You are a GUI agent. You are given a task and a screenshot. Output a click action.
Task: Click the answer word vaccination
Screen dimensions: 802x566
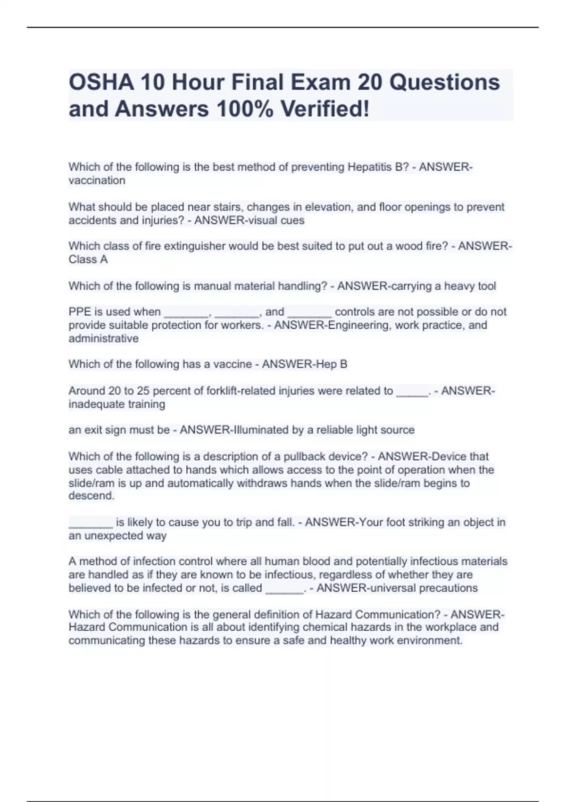pyautogui.click(x=97, y=180)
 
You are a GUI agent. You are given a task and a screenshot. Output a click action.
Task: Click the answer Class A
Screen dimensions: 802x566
pyautogui.click(x=88, y=259)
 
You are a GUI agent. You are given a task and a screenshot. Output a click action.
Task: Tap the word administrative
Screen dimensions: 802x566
pyautogui.click(x=103, y=338)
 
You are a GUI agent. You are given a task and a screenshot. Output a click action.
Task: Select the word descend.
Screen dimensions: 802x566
pyautogui.click(x=92, y=496)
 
